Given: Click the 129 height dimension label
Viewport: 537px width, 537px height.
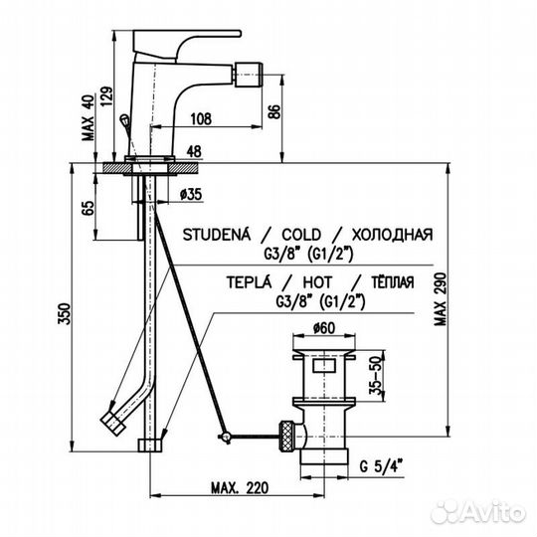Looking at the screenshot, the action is [106, 96].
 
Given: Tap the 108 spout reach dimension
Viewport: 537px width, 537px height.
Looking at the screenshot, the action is [201, 119].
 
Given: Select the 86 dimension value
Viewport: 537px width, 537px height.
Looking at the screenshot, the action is [274, 111].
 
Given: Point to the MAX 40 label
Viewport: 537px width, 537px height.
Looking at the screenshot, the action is [89, 117].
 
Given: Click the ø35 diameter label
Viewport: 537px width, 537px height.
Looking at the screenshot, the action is [191, 195].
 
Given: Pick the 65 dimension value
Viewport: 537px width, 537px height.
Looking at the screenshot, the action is [88, 208].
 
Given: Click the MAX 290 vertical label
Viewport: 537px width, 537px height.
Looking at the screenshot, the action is [441, 298].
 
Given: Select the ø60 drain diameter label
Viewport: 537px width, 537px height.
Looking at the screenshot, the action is [324, 328].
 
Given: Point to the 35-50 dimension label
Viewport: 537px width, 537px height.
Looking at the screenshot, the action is [376, 376].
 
